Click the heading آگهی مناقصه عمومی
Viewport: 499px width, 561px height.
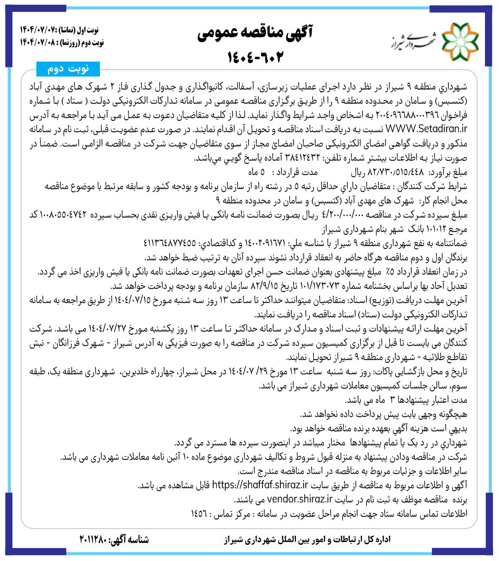coord(249,32)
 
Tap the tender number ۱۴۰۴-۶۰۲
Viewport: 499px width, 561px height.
coord(249,57)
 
